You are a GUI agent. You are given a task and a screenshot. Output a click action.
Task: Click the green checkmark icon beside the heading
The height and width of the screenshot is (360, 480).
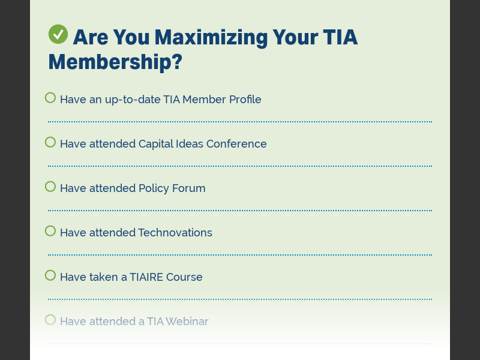click(x=58, y=34)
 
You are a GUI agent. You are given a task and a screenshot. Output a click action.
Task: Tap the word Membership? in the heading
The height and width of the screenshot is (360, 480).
click(x=115, y=61)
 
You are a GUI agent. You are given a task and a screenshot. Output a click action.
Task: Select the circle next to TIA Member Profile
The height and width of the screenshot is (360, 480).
click(x=50, y=98)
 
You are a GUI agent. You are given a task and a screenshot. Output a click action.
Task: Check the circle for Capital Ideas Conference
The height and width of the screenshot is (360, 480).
click(x=50, y=142)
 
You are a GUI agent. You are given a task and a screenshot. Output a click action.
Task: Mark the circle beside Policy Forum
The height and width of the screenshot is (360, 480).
click(x=50, y=187)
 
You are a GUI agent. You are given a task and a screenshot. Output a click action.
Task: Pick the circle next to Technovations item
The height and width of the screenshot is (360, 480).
click(x=50, y=231)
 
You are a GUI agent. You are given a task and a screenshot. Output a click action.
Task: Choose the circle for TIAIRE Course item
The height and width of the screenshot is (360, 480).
click(x=50, y=275)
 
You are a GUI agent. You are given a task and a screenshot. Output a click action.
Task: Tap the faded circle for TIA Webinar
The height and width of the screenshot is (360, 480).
click(x=50, y=320)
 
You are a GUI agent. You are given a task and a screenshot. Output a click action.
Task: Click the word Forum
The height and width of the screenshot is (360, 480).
click(x=188, y=188)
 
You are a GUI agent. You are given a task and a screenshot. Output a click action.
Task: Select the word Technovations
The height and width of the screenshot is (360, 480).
click(x=175, y=233)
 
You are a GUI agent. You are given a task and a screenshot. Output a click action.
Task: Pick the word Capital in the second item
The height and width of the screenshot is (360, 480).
click(x=157, y=144)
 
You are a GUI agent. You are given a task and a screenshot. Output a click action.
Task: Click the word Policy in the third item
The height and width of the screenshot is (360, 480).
click(x=154, y=188)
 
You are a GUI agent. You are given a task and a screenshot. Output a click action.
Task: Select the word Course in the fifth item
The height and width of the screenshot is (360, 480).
click(x=184, y=277)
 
